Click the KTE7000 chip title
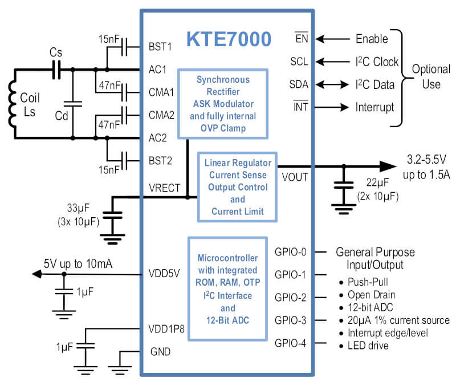point(229,39)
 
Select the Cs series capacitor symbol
point(56,70)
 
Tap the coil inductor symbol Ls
point(11,104)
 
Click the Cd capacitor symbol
point(73,104)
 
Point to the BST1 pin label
point(160,47)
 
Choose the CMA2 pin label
point(161,115)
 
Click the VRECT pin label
point(164,188)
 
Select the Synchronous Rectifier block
point(223,104)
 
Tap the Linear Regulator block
point(237,187)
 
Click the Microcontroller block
point(227,289)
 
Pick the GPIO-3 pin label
point(290,320)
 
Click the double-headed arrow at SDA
point(332,84)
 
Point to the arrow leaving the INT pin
point(332,107)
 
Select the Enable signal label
point(372,39)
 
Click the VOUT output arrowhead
point(388,166)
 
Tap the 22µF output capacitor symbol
point(344,185)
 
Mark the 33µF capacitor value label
point(78,208)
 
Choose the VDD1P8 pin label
point(166,329)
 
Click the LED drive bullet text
point(368,346)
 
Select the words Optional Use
point(431,77)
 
